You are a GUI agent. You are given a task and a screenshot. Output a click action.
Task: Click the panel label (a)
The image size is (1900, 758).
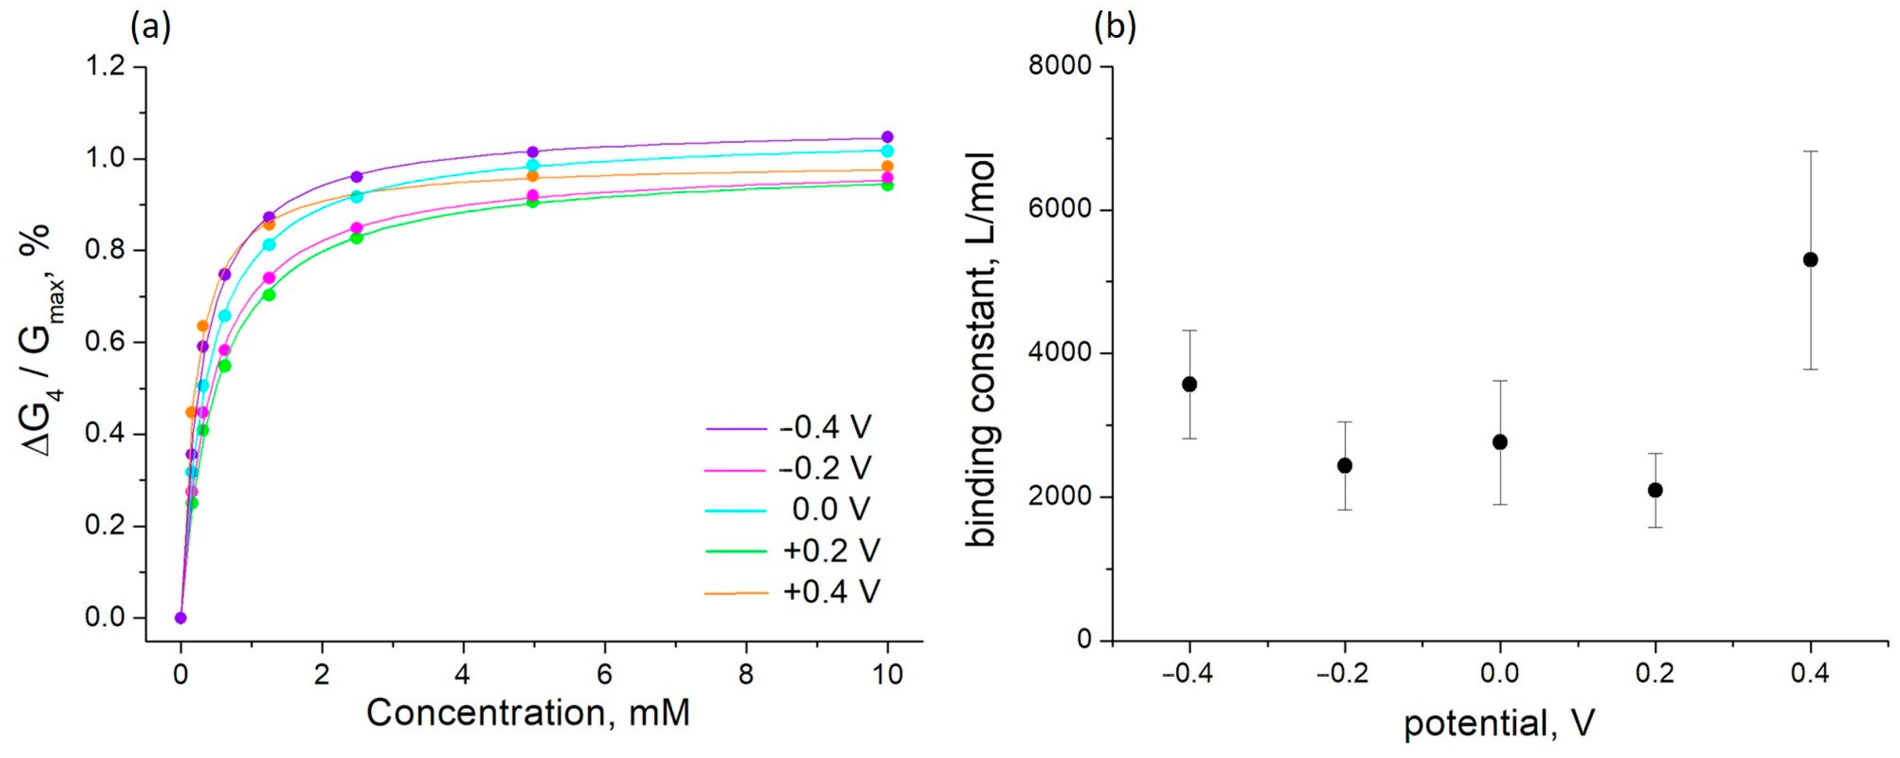[151, 28]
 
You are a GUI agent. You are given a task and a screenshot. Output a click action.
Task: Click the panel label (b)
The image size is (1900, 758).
[1115, 28]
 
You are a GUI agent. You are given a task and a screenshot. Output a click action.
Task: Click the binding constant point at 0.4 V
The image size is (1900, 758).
[1810, 260]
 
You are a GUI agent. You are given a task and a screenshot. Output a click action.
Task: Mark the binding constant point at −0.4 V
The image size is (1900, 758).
[1189, 384]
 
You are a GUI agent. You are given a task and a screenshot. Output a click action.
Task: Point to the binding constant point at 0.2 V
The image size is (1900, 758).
[1655, 490]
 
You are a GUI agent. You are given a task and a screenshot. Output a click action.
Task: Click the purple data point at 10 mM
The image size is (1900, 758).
[888, 137]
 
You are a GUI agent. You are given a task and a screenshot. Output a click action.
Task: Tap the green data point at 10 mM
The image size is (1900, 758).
[888, 185]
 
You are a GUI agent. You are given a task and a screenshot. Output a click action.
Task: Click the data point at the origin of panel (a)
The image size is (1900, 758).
[181, 618]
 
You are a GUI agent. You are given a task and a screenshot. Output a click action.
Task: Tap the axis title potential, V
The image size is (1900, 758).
[1499, 723]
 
